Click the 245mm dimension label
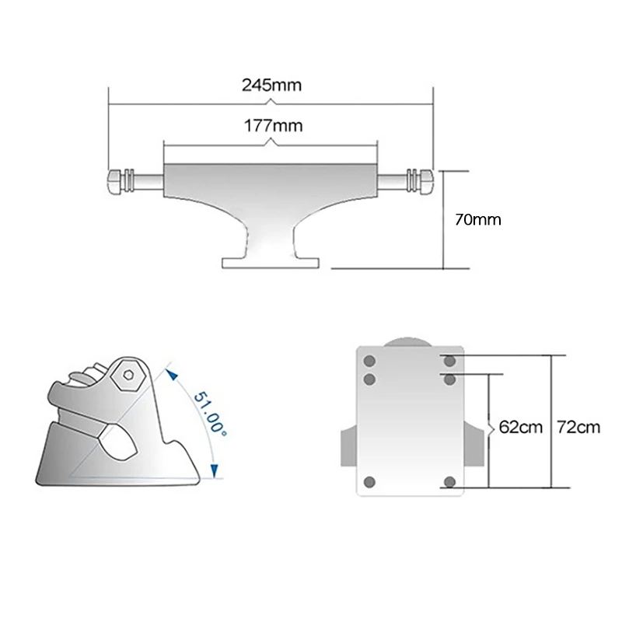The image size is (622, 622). coord(271,85)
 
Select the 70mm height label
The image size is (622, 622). coord(477,219)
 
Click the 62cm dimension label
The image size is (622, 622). coord(520,426)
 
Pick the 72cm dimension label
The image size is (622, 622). coord(579,426)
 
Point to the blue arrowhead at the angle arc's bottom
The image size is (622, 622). coord(215,468)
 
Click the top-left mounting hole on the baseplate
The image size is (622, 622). coord(369,361)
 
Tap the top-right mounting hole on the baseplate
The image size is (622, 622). coord(450,361)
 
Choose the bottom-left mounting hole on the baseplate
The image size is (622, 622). coord(369,482)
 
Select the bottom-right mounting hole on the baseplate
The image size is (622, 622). coord(450,482)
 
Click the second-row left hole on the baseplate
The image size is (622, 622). coord(369,379)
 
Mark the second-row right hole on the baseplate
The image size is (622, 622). coord(450,379)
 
